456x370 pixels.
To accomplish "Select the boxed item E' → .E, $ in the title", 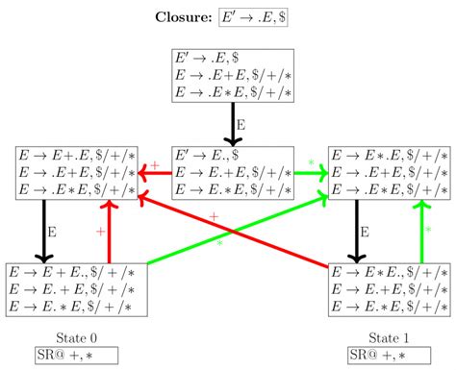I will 257,17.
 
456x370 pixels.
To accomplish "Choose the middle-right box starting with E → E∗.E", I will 388,173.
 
